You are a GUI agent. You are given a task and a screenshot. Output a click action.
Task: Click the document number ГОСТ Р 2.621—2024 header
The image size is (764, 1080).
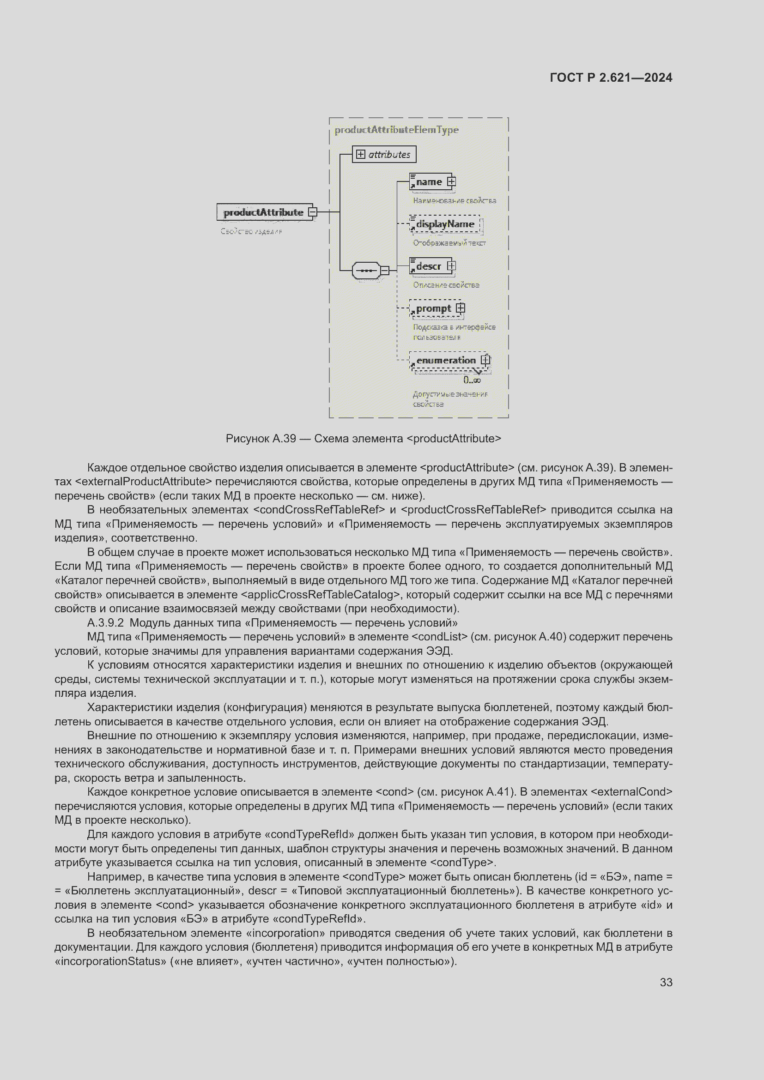point(611,78)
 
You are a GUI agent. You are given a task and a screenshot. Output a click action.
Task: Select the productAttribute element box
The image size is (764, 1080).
point(263,212)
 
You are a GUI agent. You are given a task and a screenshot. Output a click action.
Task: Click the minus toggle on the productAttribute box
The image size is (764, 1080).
point(312,212)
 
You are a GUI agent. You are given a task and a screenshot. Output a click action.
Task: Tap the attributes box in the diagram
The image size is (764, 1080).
point(384,154)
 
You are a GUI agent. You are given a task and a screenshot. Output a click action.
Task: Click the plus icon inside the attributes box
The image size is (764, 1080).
point(361,154)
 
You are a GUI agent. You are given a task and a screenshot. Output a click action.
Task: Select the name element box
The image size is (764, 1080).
point(429,181)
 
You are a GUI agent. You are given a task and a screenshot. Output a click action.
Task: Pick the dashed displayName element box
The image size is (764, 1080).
point(444,224)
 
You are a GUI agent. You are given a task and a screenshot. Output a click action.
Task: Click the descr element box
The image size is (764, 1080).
point(429,266)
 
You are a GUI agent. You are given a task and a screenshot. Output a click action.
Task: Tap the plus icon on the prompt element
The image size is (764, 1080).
point(461,308)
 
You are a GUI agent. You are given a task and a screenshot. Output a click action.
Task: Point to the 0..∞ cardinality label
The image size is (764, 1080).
point(472,380)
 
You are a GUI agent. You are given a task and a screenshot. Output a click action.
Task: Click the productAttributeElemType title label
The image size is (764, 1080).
point(396,130)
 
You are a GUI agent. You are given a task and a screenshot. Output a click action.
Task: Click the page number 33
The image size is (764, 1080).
point(666,982)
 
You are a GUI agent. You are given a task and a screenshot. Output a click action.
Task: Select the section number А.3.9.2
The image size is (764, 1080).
point(105,623)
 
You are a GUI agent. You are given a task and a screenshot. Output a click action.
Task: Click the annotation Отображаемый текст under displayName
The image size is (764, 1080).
point(449,243)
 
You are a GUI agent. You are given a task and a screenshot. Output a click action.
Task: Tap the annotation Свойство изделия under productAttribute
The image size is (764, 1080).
point(251,231)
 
